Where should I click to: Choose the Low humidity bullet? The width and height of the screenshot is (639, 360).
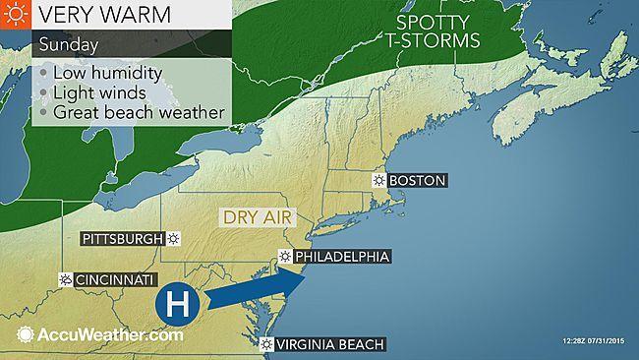point(106,75)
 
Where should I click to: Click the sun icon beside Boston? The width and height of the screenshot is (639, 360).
point(379,181)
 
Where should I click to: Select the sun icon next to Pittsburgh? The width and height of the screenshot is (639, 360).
point(174,238)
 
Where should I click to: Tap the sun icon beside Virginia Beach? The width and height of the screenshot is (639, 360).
point(267,344)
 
